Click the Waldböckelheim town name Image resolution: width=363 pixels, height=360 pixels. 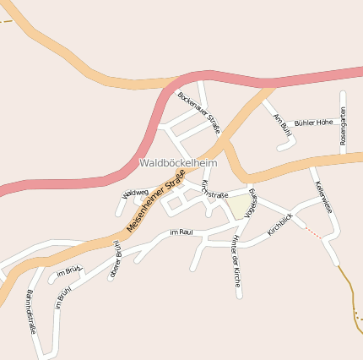178,162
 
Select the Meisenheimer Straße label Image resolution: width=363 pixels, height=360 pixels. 155,202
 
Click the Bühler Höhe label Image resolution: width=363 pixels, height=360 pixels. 313,123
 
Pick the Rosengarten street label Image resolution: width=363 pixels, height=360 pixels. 343,126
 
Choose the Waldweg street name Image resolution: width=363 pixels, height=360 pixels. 135,194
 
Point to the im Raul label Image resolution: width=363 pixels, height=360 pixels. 181,232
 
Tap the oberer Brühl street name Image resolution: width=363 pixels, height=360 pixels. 116,259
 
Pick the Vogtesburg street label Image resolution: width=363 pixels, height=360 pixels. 251,204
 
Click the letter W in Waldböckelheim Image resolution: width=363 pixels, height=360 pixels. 144,162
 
